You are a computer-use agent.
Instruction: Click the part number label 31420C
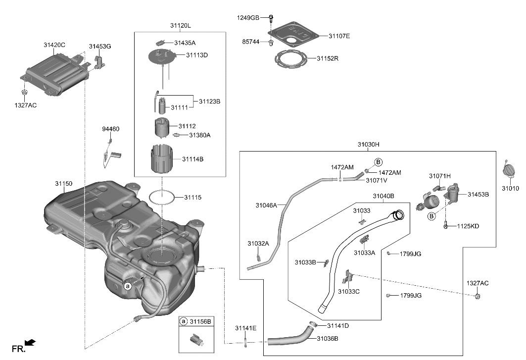pyautogui.click(x=54, y=46)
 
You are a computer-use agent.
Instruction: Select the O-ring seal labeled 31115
pyautogui.click(x=161, y=197)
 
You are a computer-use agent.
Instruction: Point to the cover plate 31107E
pyautogui.click(x=293, y=34)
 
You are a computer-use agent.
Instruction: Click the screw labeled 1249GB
pyautogui.click(x=271, y=19)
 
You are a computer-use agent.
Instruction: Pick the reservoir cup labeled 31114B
pyautogui.click(x=161, y=157)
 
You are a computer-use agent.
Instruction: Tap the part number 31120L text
pyautogui.click(x=180, y=25)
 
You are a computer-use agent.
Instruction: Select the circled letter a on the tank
pyautogui.click(x=128, y=286)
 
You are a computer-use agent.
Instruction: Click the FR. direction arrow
pyautogui.click(x=30, y=342)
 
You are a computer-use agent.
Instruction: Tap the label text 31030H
pyautogui.click(x=368, y=144)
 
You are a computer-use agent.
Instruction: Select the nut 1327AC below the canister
pyautogui.click(x=24, y=93)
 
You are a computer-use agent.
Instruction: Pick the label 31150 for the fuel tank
pyautogui.click(x=64, y=184)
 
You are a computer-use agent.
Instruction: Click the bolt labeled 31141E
pyautogui.click(x=245, y=340)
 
